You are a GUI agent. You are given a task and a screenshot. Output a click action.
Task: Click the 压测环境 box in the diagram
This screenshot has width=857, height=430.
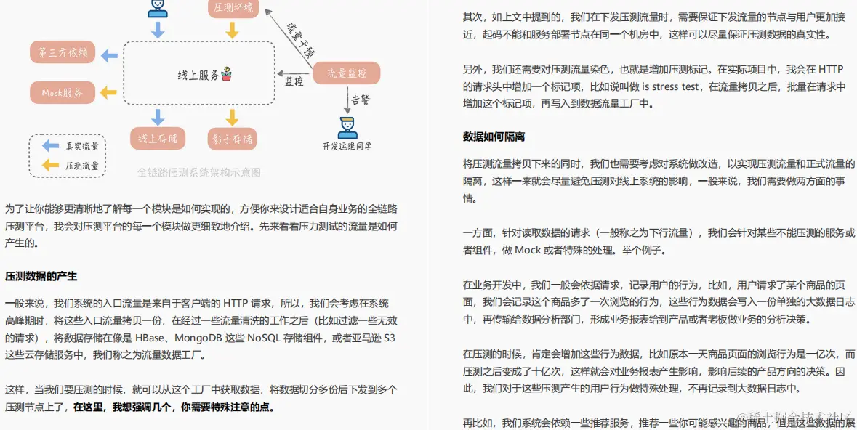[x=233, y=9]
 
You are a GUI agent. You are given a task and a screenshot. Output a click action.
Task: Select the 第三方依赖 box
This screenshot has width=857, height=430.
[x=63, y=53]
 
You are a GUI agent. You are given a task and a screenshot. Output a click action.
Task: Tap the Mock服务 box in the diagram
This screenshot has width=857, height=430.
[x=63, y=93]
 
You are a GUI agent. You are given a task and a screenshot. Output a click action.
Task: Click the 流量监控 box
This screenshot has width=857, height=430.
[x=347, y=73]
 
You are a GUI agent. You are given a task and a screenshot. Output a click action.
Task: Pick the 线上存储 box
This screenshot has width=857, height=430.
[x=158, y=139]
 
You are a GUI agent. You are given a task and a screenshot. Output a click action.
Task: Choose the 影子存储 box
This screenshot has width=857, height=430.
[x=233, y=139]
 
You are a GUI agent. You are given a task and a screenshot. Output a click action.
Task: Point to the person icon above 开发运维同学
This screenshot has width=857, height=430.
[x=347, y=126]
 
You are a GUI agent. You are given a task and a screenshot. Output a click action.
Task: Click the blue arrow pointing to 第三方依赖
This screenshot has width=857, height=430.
[x=109, y=54]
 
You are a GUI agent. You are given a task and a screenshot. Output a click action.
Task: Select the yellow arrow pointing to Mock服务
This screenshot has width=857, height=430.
[x=109, y=93]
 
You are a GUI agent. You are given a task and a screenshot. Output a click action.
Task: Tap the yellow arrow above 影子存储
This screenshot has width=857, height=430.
[x=232, y=117]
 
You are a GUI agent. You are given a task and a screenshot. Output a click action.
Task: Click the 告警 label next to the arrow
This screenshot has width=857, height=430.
[x=360, y=99]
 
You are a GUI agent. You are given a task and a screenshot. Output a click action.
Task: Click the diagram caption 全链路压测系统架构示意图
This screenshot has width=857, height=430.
[x=198, y=173]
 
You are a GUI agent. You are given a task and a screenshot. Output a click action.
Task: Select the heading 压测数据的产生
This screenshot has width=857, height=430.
[x=41, y=276]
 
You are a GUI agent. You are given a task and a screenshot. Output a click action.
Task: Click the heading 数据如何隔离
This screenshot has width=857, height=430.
[x=494, y=137]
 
